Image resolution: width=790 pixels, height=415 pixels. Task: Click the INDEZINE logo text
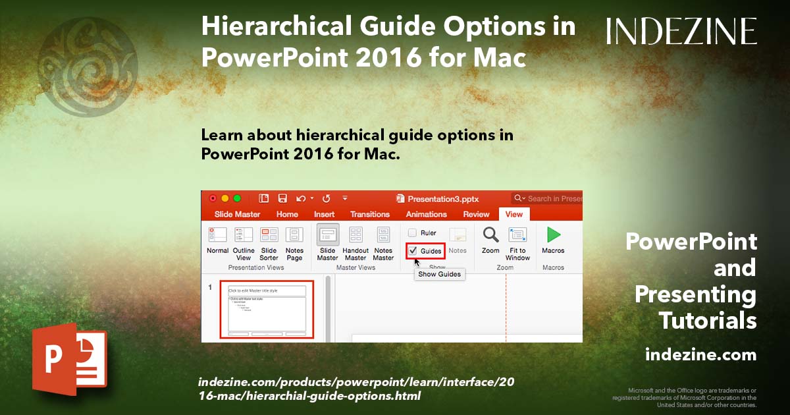tap(681, 32)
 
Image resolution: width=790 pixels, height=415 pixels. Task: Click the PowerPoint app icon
tap(69, 359)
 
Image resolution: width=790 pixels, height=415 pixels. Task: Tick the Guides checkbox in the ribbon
tap(413, 251)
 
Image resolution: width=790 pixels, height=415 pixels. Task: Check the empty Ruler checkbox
tap(412, 233)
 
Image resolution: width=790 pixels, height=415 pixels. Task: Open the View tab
tap(513, 214)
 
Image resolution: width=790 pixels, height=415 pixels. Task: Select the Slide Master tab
tap(237, 214)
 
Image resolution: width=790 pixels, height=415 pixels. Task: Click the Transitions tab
tap(370, 214)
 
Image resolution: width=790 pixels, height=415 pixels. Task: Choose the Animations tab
tap(426, 214)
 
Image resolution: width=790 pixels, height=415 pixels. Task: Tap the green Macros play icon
tap(554, 235)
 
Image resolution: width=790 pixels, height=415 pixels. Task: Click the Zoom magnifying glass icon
tap(490, 235)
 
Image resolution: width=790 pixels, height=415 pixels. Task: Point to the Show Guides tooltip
tap(440, 274)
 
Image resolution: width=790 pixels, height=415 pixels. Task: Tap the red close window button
tap(213, 198)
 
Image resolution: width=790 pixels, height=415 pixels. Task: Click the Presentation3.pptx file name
tap(442, 198)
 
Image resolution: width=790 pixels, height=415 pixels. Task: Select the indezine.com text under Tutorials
tap(700, 355)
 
